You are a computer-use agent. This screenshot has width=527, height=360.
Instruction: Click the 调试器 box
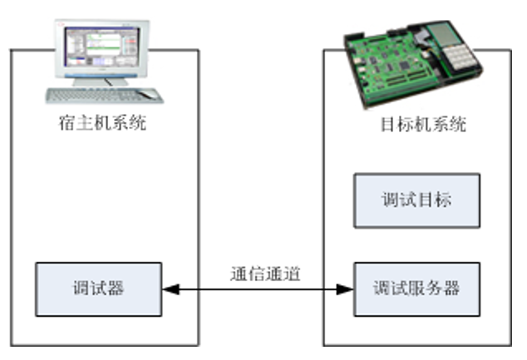98,288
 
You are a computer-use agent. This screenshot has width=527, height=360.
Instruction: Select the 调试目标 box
417,200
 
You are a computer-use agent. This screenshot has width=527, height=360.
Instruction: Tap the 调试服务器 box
417,288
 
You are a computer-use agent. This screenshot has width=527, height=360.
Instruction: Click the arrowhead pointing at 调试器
168,289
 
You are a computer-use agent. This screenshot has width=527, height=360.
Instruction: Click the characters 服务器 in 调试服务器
434,288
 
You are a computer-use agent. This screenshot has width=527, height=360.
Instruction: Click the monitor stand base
100,81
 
